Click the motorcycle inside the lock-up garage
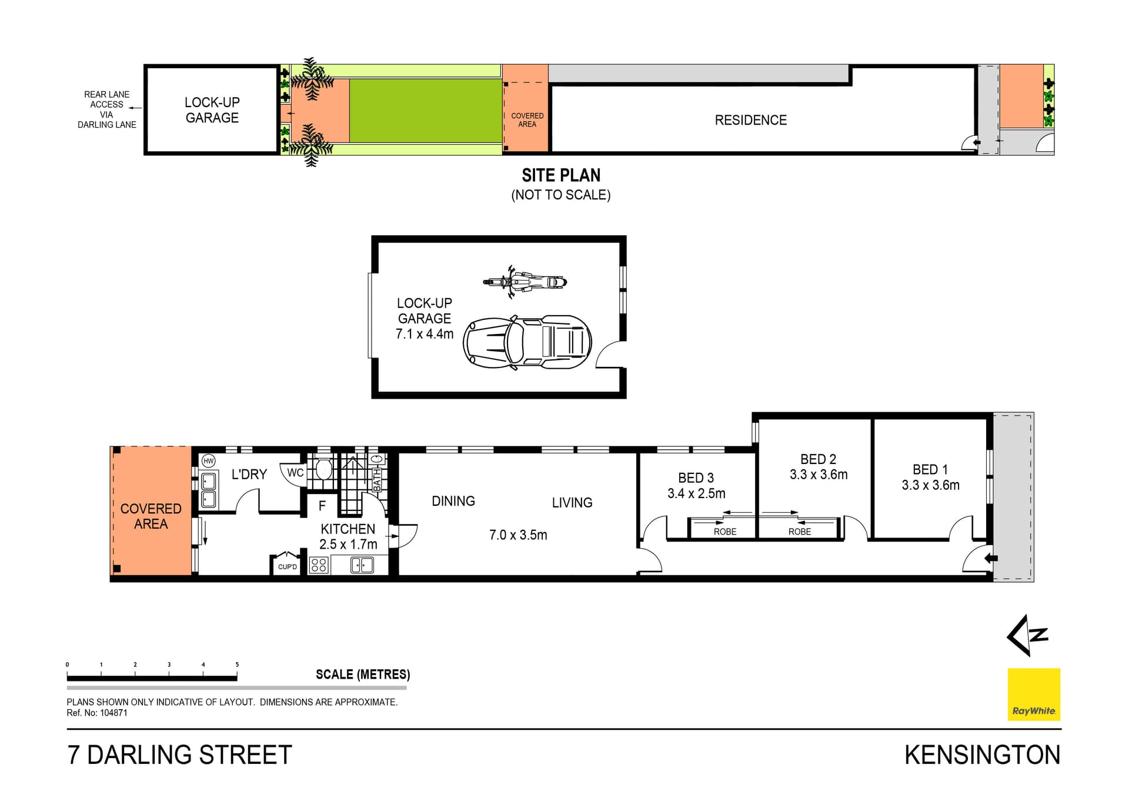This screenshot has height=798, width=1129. (x=525, y=282)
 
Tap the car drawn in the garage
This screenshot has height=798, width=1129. (x=527, y=342)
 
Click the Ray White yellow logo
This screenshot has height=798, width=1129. (x=1034, y=694)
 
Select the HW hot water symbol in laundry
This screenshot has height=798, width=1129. (x=209, y=461)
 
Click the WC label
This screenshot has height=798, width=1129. (x=295, y=473)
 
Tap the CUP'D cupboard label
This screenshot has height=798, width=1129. (x=288, y=567)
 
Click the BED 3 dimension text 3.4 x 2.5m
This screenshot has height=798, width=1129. (x=696, y=493)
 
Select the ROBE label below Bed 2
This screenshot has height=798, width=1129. (x=800, y=532)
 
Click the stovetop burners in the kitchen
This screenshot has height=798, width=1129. (x=319, y=565)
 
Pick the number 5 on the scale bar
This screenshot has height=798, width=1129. (x=237, y=665)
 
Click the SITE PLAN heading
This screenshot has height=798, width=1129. (x=561, y=175)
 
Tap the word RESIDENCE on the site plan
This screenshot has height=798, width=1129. (x=750, y=120)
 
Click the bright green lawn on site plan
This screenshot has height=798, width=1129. (x=425, y=111)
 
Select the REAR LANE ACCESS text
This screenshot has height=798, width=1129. (x=106, y=99)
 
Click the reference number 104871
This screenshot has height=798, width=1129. (x=113, y=713)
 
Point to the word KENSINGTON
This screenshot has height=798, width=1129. (x=982, y=755)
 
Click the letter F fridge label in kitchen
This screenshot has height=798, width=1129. (x=322, y=506)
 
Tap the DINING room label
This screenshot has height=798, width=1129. (x=453, y=501)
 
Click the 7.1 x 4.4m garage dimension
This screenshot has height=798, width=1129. (x=425, y=334)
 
